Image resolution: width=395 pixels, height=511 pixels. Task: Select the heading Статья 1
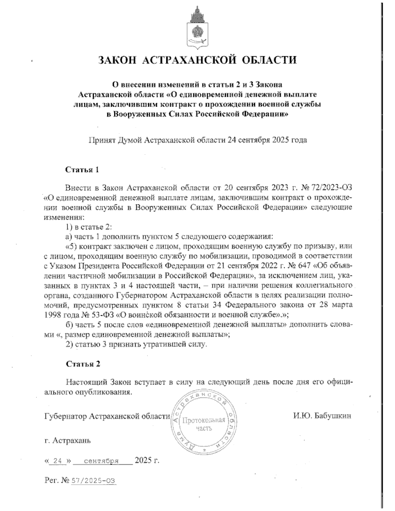point(82,170)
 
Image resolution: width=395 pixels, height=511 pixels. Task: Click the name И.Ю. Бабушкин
point(322,416)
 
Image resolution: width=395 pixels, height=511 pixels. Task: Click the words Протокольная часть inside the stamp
point(204,424)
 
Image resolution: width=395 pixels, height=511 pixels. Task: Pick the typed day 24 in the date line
point(58,461)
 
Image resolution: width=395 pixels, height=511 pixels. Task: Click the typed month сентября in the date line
point(101,461)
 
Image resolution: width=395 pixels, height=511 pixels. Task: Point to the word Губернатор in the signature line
point(66,416)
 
